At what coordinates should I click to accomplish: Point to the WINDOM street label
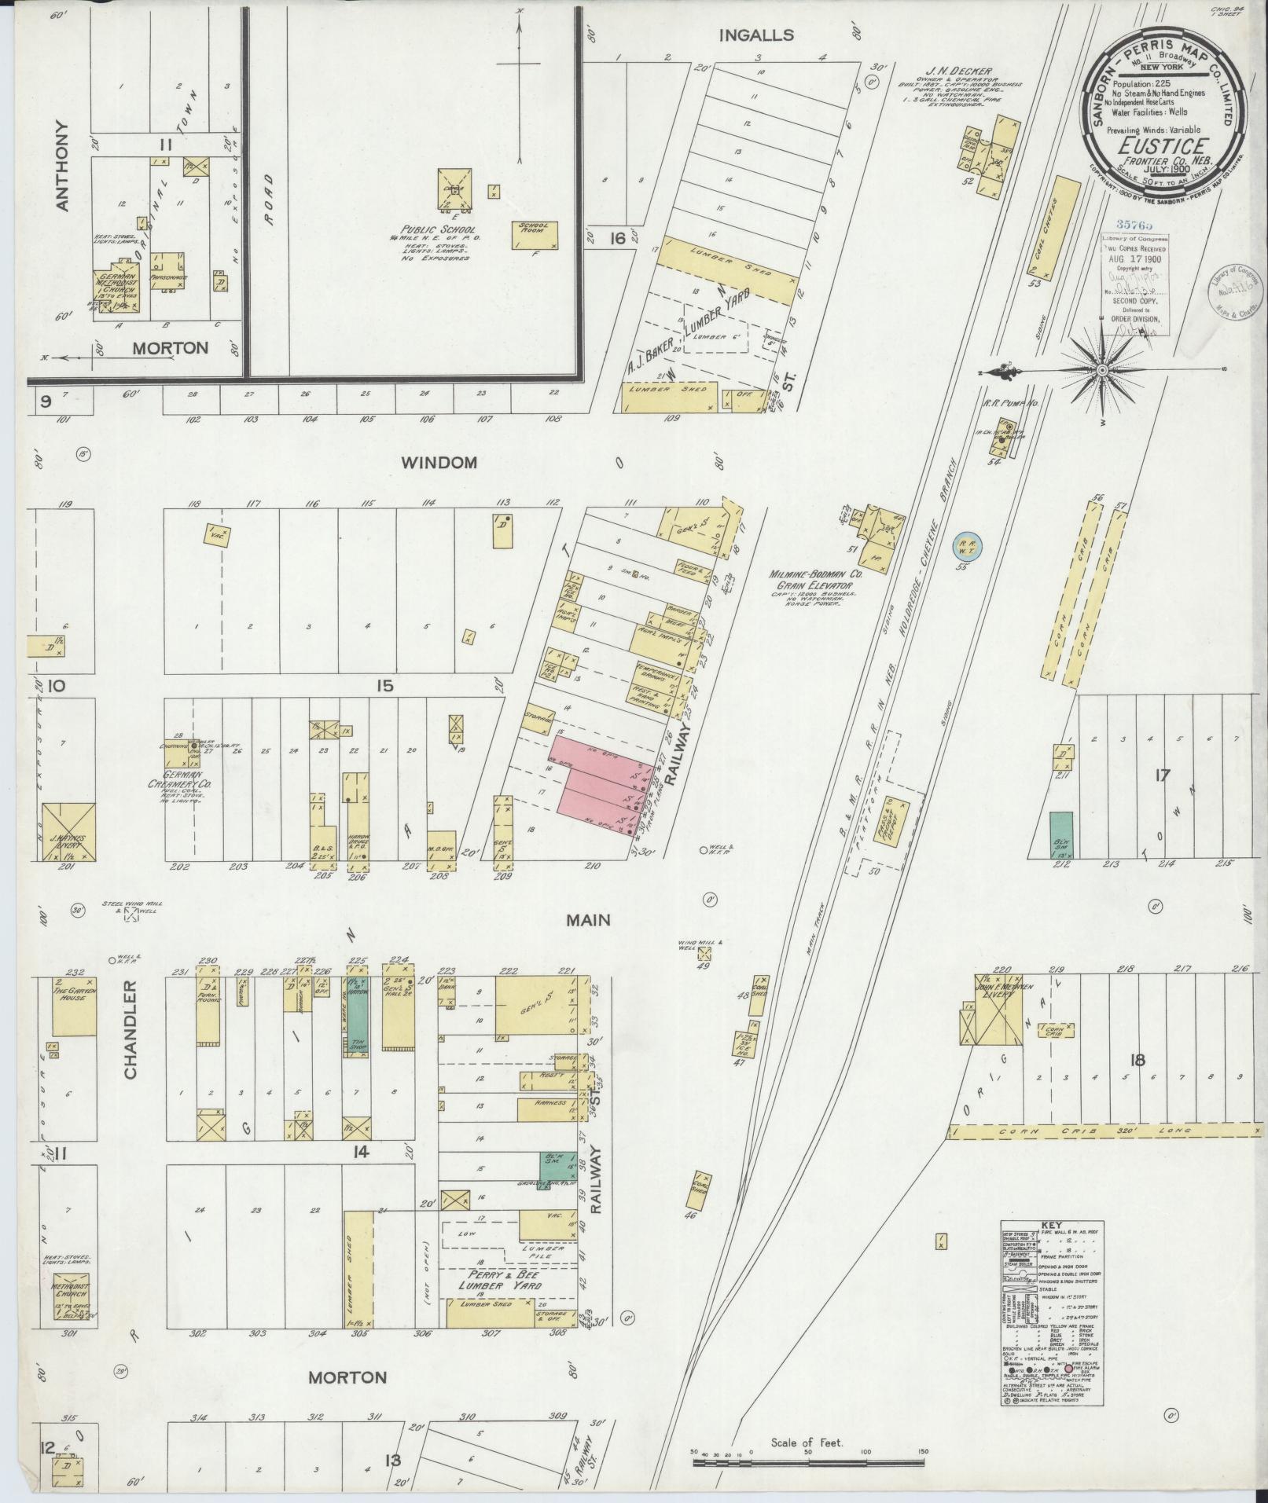439,463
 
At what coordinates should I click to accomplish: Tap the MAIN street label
588,919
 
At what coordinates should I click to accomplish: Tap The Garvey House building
74,1006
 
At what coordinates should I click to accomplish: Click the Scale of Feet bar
807,1463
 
